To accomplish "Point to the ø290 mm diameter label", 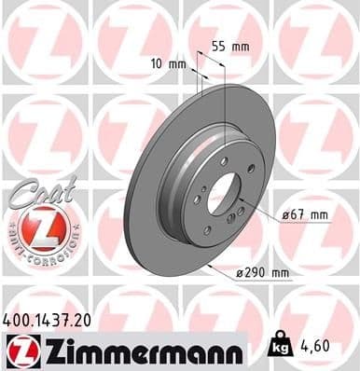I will coord(264,272).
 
